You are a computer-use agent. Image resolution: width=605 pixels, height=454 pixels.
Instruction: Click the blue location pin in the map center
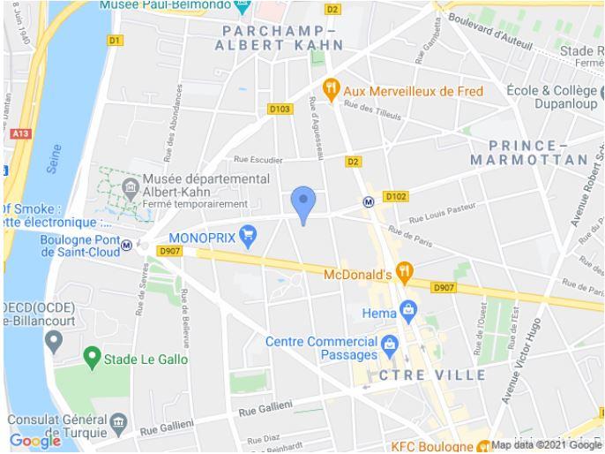(303, 204)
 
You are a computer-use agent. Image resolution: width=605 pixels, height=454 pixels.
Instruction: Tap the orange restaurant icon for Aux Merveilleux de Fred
(332, 88)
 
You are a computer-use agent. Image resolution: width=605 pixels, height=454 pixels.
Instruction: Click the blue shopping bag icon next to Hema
(407, 310)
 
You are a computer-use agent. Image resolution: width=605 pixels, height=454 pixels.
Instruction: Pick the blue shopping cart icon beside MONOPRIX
(249, 235)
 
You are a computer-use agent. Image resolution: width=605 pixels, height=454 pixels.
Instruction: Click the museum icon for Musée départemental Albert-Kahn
(131, 186)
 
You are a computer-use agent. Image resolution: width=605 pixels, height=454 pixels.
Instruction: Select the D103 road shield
(280, 109)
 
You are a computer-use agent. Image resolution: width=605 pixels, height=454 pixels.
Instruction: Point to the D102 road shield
(396, 196)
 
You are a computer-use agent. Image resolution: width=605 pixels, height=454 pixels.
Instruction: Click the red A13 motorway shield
(22, 132)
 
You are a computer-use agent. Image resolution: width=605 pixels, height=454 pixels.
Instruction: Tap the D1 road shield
(115, 40)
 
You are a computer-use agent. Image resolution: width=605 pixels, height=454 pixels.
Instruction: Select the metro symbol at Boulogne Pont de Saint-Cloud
(127, 245)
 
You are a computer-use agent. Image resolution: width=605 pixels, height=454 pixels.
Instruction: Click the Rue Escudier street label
(258, 160)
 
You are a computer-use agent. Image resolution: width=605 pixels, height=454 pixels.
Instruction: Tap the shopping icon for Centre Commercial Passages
(390, 343)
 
